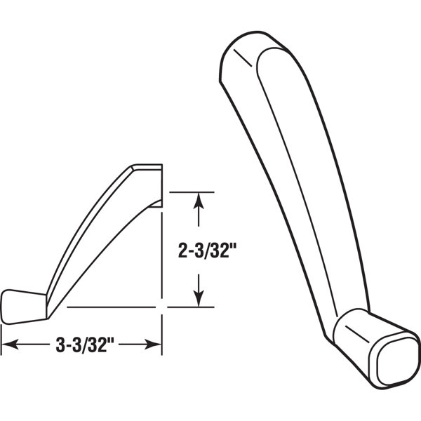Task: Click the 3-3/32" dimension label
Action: [82, 344]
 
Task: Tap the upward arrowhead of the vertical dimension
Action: [200, 199]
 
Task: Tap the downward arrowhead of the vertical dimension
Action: [200, 299]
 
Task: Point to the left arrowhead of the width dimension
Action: [8, 344]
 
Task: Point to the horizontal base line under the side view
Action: [112, 307]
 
